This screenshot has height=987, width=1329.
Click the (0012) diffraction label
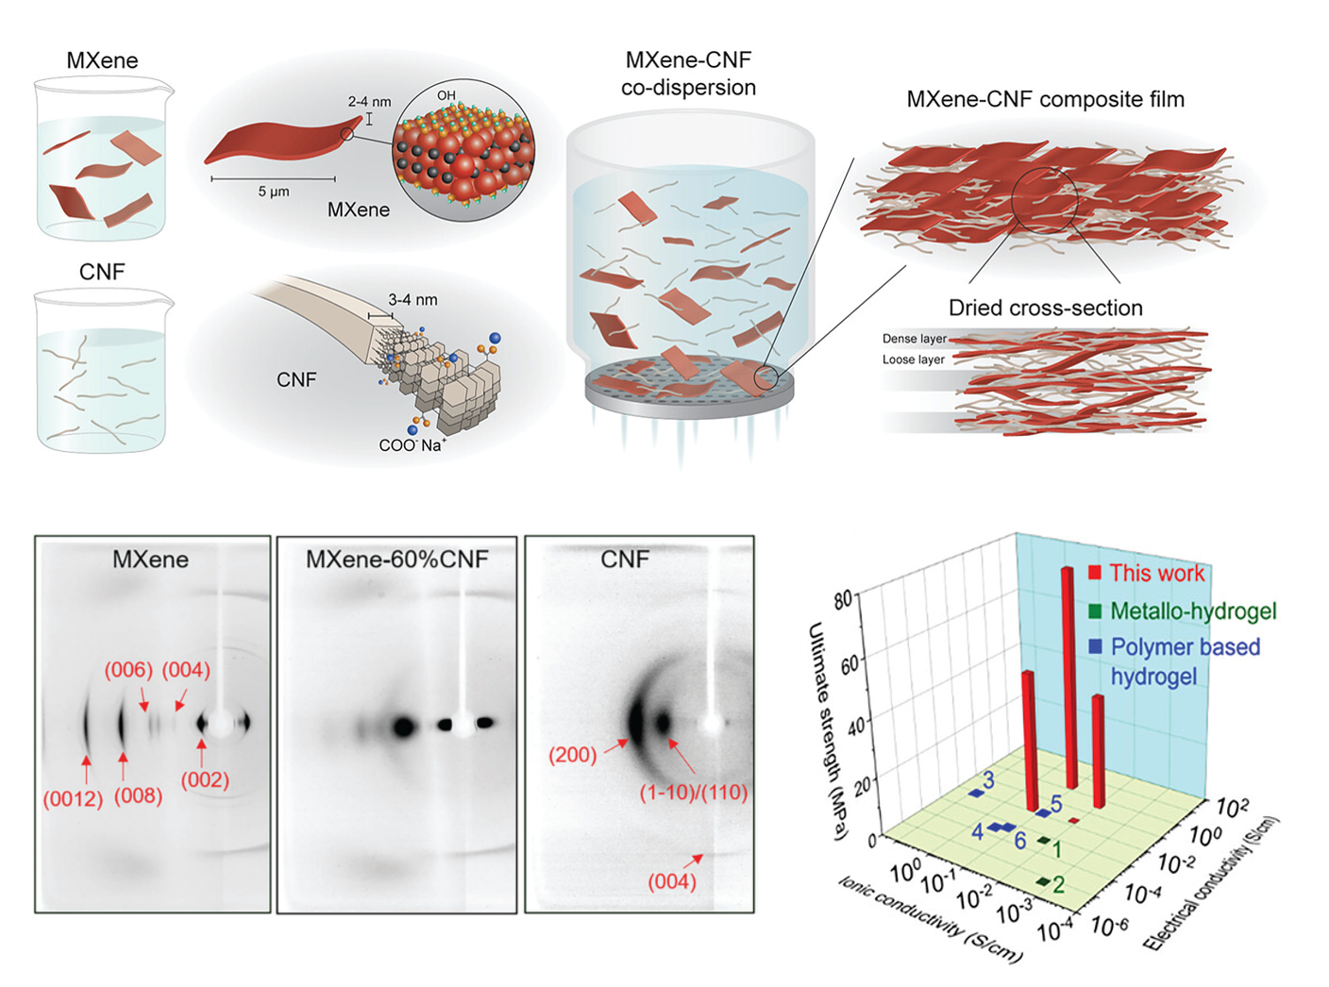tap(73, 799)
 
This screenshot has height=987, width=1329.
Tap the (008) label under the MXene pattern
tap(138, 796)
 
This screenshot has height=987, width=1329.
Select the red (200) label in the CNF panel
tap(572, 755)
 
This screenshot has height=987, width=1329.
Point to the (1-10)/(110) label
tap(694, 793)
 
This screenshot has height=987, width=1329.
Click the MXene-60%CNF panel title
tap(396, 560)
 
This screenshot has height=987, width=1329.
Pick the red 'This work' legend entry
tap(1156, 573)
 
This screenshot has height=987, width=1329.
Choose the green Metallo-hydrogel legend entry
tap(1192, 611)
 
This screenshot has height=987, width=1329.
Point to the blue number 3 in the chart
tap(988, 780)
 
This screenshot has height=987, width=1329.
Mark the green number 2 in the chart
tap(1058, 884)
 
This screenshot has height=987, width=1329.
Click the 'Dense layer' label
tap(914, 339)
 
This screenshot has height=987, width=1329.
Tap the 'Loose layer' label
tap(913, 360)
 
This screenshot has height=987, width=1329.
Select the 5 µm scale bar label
tap(274, 191)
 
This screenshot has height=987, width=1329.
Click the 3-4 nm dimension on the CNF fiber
tap(412, 300)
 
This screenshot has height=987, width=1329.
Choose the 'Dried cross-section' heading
tap(1045, 308)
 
